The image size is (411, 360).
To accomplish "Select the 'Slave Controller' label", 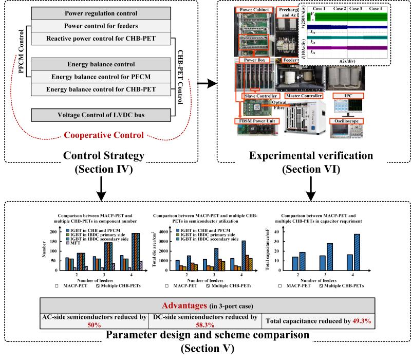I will click(x=261, y=96).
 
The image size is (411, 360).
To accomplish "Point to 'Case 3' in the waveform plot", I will click(x=357, y=9).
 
